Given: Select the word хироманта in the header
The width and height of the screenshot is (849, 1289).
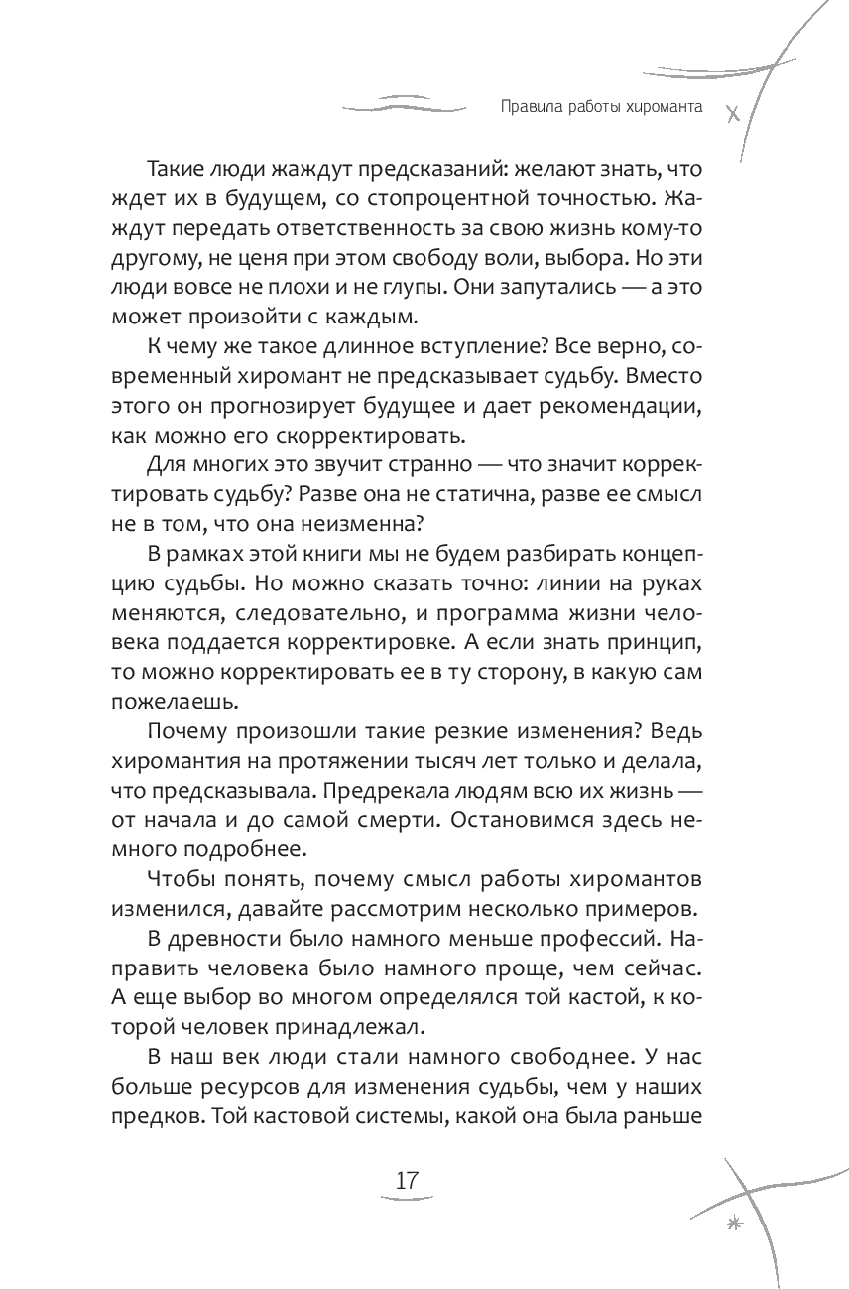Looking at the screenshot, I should (x=662, y=108).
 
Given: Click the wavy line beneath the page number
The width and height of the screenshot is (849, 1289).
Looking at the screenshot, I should (x=407, y=1202).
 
